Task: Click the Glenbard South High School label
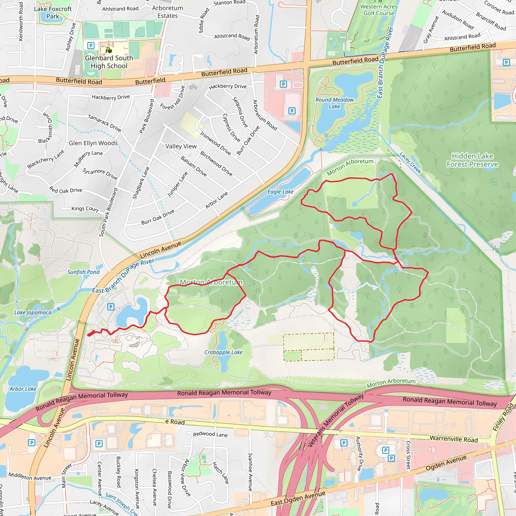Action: (x=109, y=62)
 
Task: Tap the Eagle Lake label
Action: (x=280, y=192)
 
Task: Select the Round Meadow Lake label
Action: (x=334, y=103)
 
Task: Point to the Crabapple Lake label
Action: (x=223, y=352)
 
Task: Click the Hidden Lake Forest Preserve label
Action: (x=472, y=160)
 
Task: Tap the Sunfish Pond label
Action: (x=83, y=272)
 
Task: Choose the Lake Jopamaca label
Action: (x=33, y=312)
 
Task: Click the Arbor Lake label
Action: (x=23, y=389)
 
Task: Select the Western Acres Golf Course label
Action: (x=379, y=10)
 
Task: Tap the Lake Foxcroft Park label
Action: (x=53, y=13)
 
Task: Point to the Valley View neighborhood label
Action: (x=181, y=146)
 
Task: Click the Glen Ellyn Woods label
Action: (x=93, y=143)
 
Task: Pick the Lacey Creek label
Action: (x=410, y=163)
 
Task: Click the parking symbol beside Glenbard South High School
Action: (x=91, y=46)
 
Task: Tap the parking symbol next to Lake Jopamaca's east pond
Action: (x=111, y=307)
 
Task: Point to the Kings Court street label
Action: (x=85, y=209)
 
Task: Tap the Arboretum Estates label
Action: (x=168, y=12)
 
